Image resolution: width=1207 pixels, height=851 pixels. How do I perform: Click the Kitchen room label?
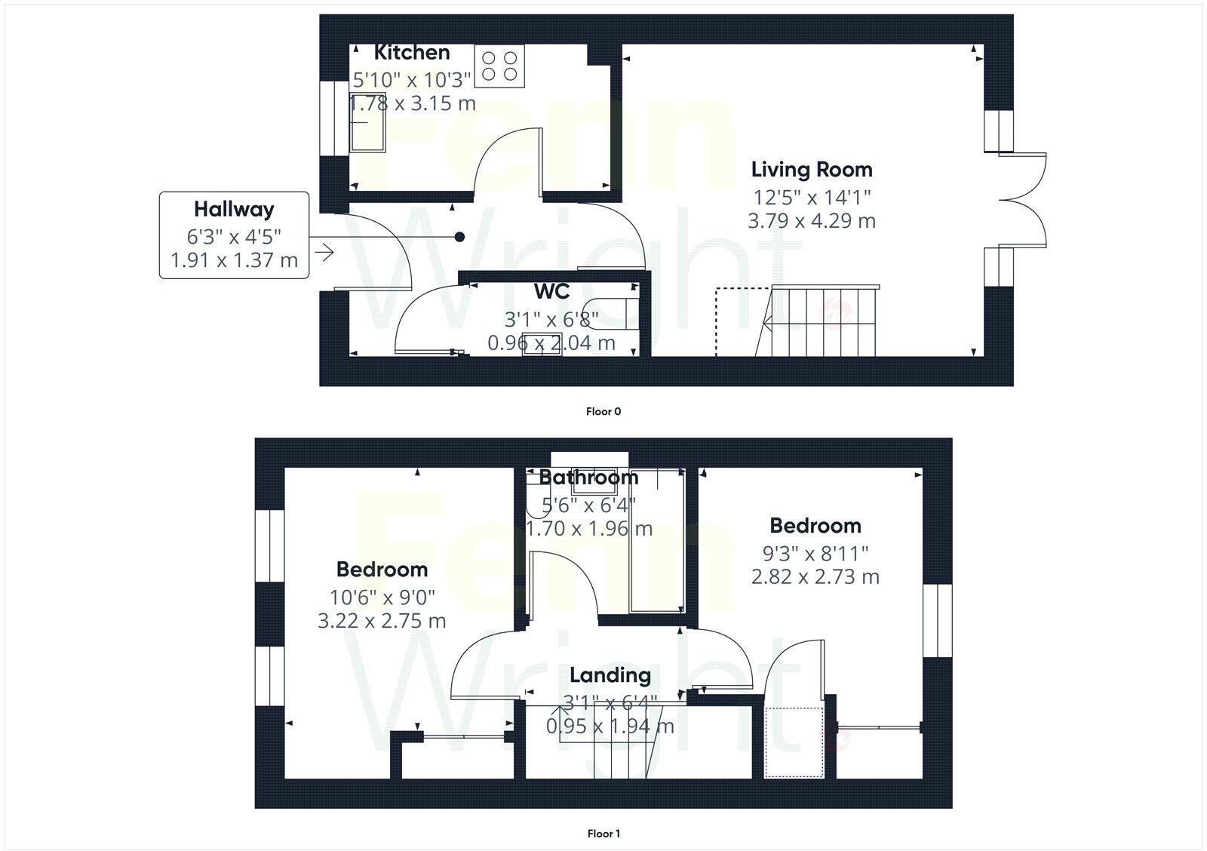point(412,53)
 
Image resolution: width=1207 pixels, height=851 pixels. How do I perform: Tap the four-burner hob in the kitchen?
point(500,66)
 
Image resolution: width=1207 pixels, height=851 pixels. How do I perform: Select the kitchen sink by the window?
point(368,122)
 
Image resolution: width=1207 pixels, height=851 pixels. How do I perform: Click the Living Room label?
point(812,170)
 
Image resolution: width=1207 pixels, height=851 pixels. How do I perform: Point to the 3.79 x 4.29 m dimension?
point(812,221)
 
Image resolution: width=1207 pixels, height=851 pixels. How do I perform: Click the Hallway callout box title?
point(234,209)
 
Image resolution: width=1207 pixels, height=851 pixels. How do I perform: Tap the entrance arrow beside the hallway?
point(324,252)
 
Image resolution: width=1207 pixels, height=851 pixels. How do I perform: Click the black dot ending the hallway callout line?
point(459,237)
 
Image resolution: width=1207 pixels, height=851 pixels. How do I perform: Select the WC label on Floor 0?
point(551,291)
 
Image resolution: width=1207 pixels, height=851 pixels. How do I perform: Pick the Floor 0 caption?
point(603,412)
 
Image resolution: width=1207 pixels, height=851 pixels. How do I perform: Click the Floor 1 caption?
point(603,834)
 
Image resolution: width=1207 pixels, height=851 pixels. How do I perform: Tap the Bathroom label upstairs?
point(588,478)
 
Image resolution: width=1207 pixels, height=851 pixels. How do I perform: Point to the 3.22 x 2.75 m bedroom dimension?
point(382,621)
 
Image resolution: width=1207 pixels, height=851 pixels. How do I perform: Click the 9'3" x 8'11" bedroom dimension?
point(815,554)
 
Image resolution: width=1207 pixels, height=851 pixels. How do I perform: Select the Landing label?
point(610,675)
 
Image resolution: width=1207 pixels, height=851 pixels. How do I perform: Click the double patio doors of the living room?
point(1023,200)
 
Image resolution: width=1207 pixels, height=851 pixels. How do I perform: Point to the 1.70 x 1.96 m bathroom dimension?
point(588,529)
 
